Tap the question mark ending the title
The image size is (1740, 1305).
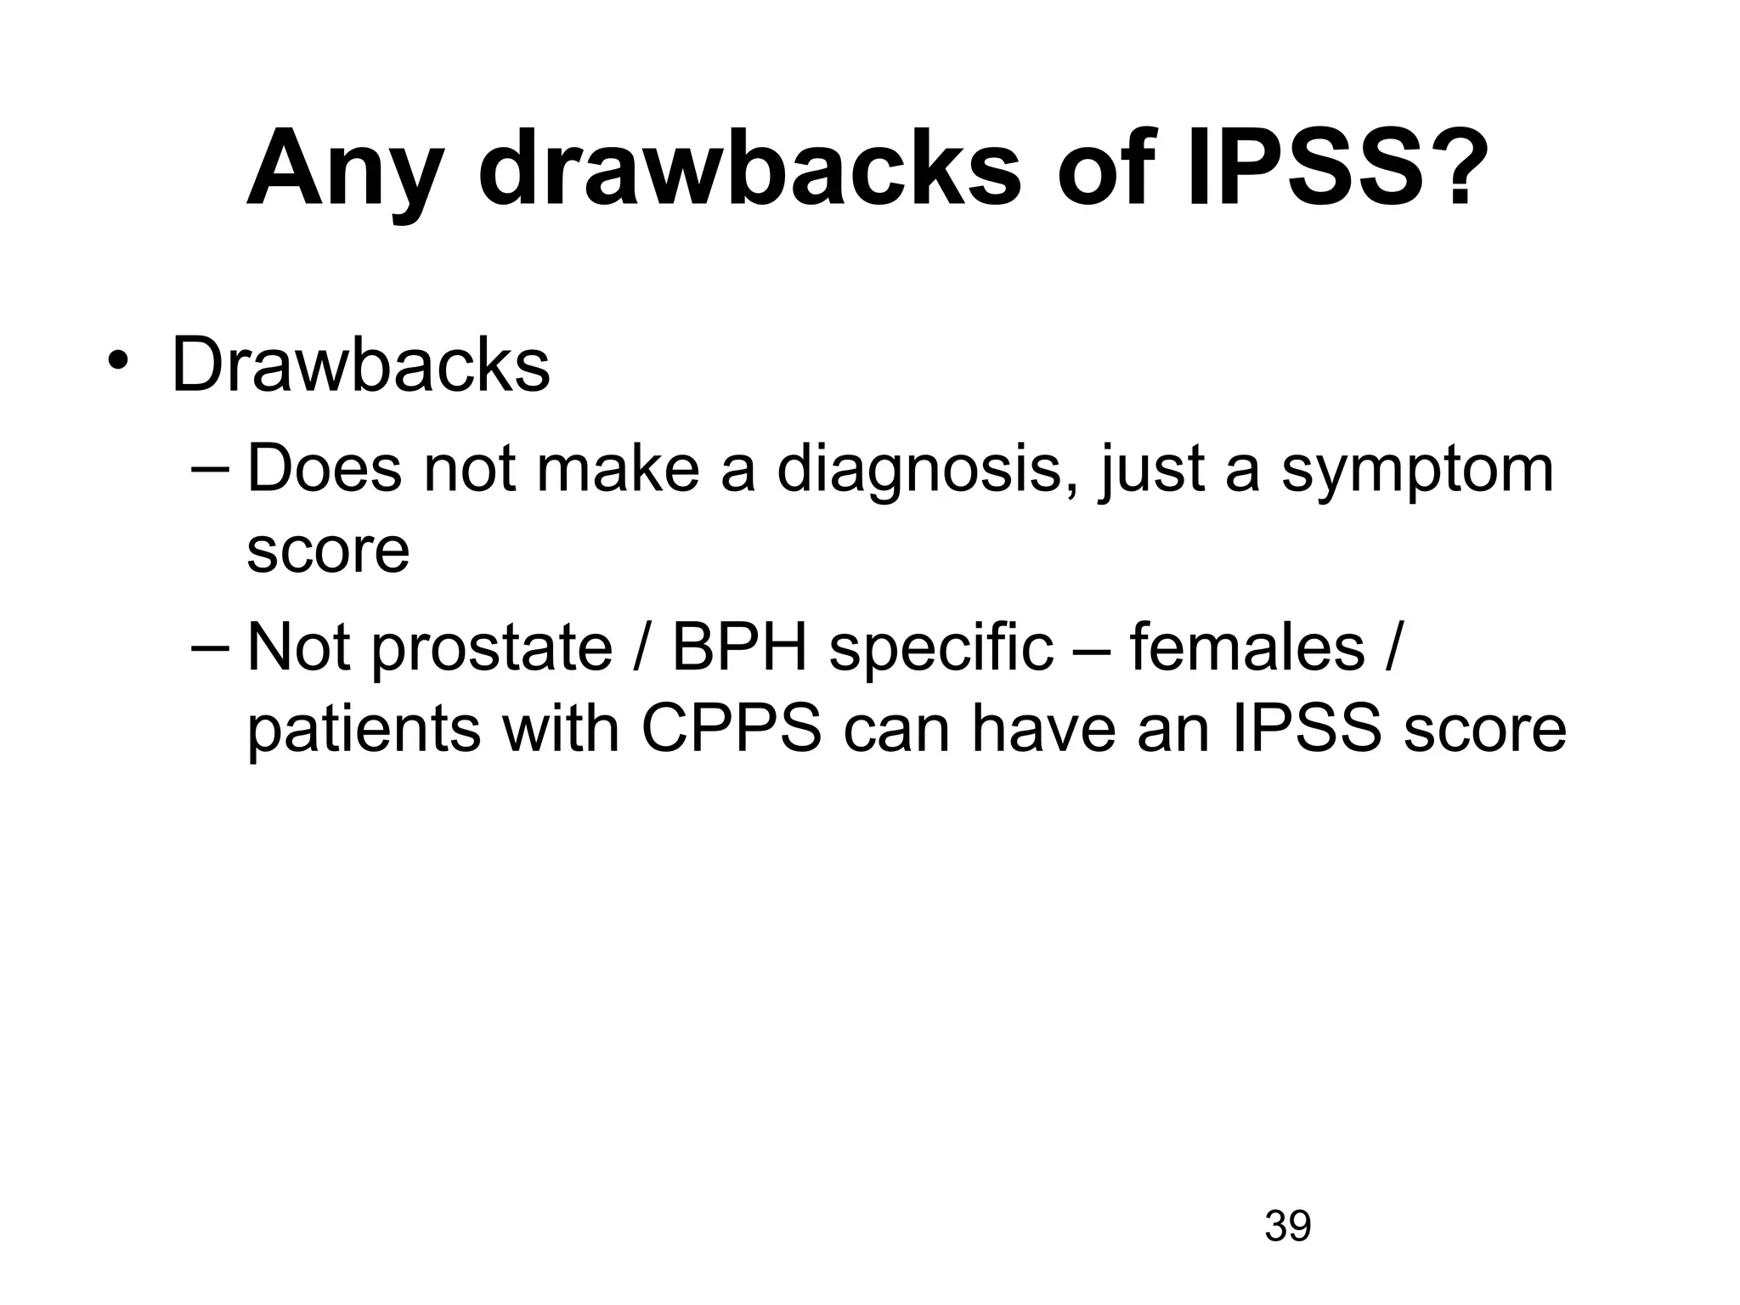1460,166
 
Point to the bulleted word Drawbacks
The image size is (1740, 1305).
360,366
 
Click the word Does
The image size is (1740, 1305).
324,469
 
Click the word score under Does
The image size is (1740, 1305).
328,551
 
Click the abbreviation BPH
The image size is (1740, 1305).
739,647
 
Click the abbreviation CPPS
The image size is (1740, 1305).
732,729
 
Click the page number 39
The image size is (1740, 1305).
1288,1227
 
